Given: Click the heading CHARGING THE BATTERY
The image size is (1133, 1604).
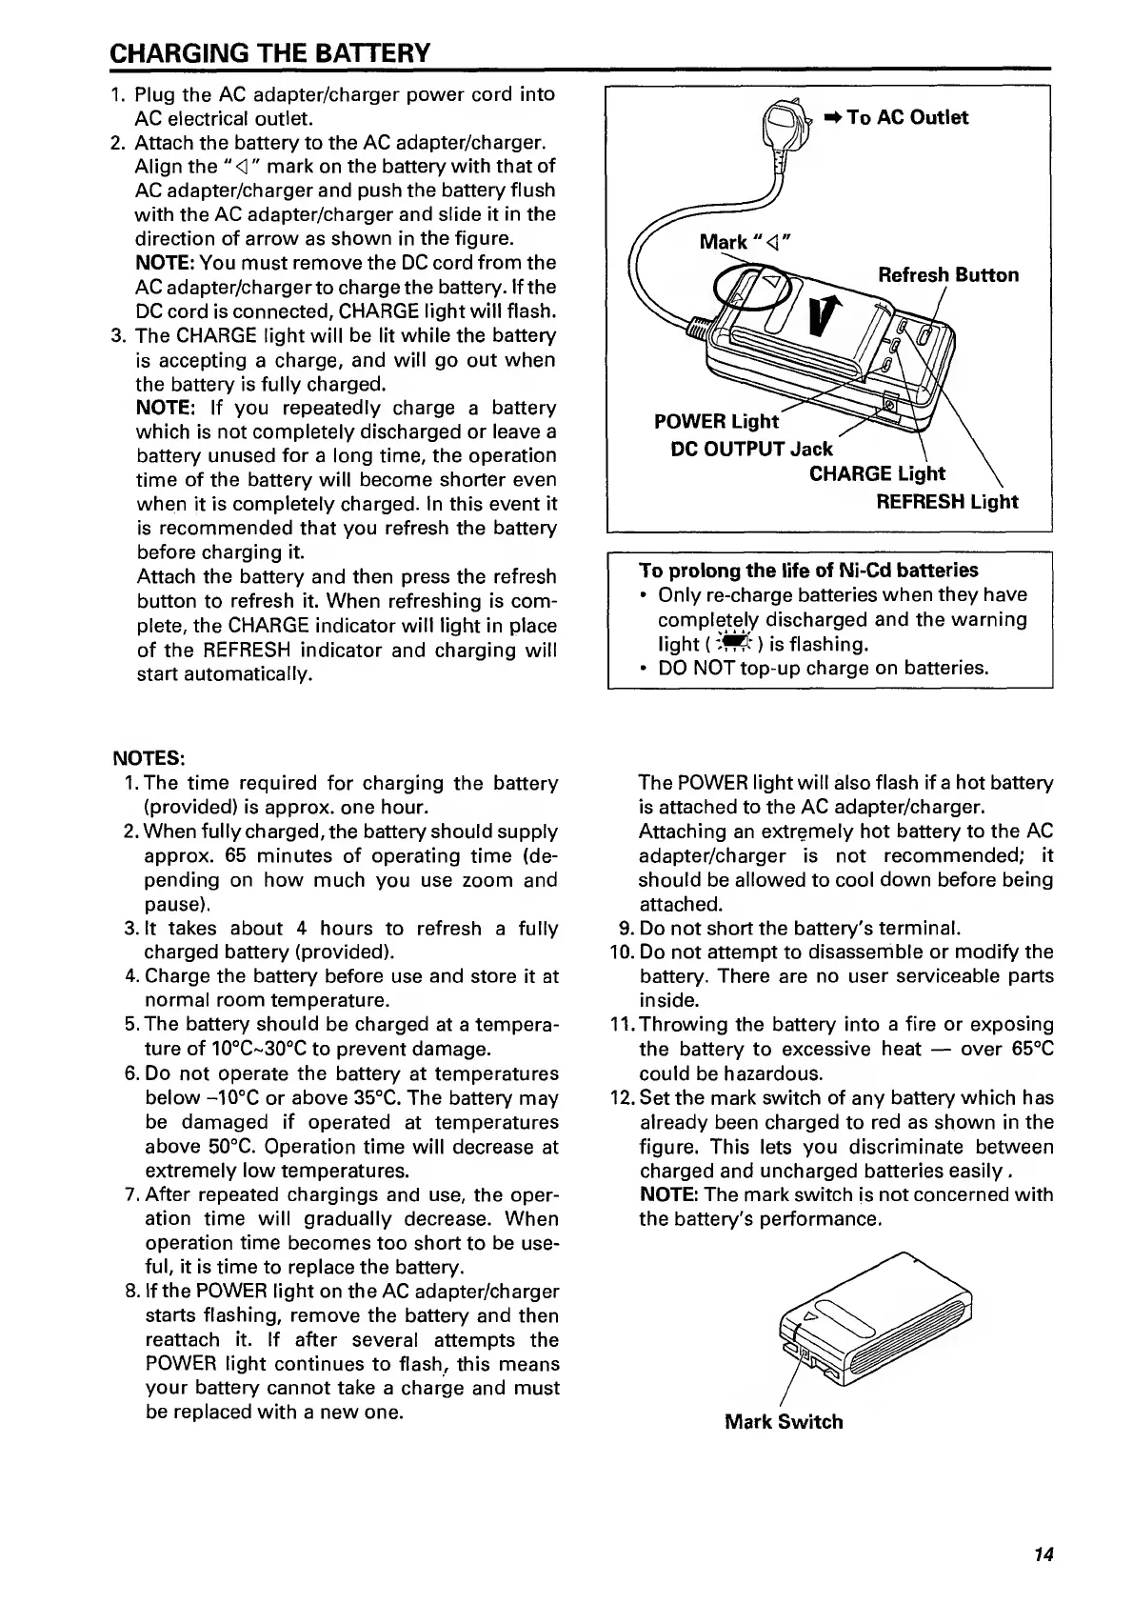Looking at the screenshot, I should click(x=270, y=51).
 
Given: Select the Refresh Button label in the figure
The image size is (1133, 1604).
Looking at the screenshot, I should click(x=947, y=275).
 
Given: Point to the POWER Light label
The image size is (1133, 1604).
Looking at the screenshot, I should click(x=716, y=421).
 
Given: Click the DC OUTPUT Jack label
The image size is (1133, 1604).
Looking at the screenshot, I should click(x=751, y=449).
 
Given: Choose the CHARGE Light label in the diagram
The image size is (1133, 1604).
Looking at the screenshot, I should click(x=876, y=474).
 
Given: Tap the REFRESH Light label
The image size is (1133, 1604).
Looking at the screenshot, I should click(x=946, y=502).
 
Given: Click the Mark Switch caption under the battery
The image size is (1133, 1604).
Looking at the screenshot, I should click(x=784, y=1422).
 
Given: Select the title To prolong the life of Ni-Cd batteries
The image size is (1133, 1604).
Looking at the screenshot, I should click(x=808, y=571).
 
